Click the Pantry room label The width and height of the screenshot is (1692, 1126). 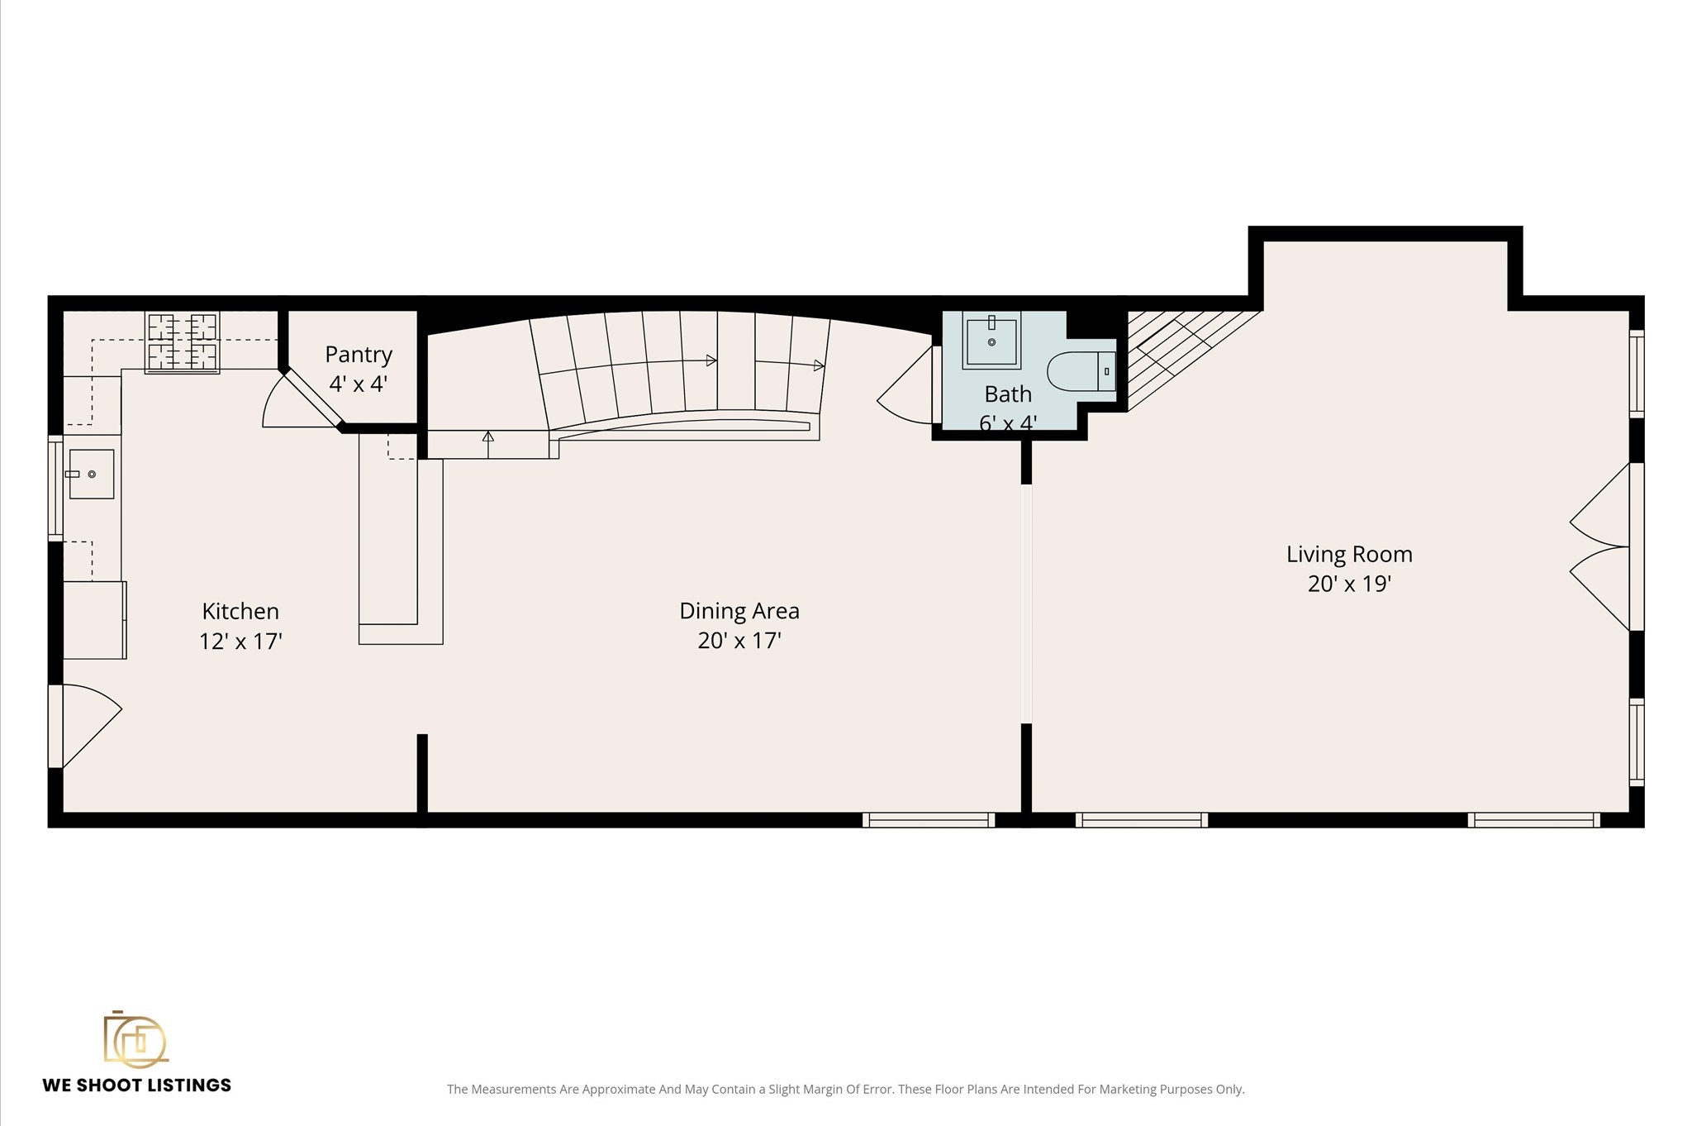point(359,355)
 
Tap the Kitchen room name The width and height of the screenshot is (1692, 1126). point(240,611)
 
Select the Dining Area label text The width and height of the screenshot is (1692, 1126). point(739,611)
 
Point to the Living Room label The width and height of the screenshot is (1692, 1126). point(1349,554)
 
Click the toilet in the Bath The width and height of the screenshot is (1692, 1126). point(1081,371)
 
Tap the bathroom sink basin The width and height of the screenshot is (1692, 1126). point(991,339)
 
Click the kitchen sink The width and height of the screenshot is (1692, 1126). point(91,474)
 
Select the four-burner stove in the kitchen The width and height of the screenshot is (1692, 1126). point(183,342)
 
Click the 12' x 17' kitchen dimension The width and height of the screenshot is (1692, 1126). point(240,641)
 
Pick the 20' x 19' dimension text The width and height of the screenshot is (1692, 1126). point(1349,584)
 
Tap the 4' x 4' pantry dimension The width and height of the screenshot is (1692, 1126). point(359,384)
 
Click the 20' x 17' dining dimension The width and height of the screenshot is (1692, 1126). point(739,641)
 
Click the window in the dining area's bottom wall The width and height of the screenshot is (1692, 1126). point(929,819)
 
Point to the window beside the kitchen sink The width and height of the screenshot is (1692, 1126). point(55,489)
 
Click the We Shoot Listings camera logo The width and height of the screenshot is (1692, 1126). point(135,1038)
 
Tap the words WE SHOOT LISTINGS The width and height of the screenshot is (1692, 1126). point(137,1085)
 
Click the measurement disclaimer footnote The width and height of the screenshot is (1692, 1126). point(845,1090)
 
